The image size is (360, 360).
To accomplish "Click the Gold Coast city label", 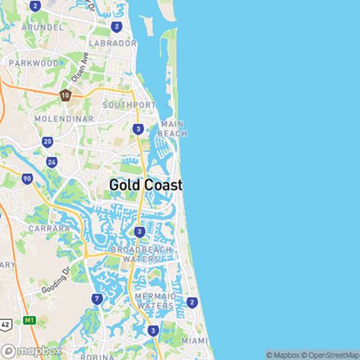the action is coord(145,185).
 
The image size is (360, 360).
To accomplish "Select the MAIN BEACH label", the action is coord(174,129).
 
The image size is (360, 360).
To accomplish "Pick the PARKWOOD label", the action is coord(34,63).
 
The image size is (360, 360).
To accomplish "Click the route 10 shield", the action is coord(66,95).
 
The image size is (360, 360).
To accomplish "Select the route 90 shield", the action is coord(27,179).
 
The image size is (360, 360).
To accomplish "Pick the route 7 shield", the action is coord(96,298).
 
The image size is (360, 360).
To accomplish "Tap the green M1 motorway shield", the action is coord(30,320).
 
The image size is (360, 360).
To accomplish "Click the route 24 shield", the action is coord(52,162).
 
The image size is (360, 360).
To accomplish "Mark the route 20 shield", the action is coord(48,142).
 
